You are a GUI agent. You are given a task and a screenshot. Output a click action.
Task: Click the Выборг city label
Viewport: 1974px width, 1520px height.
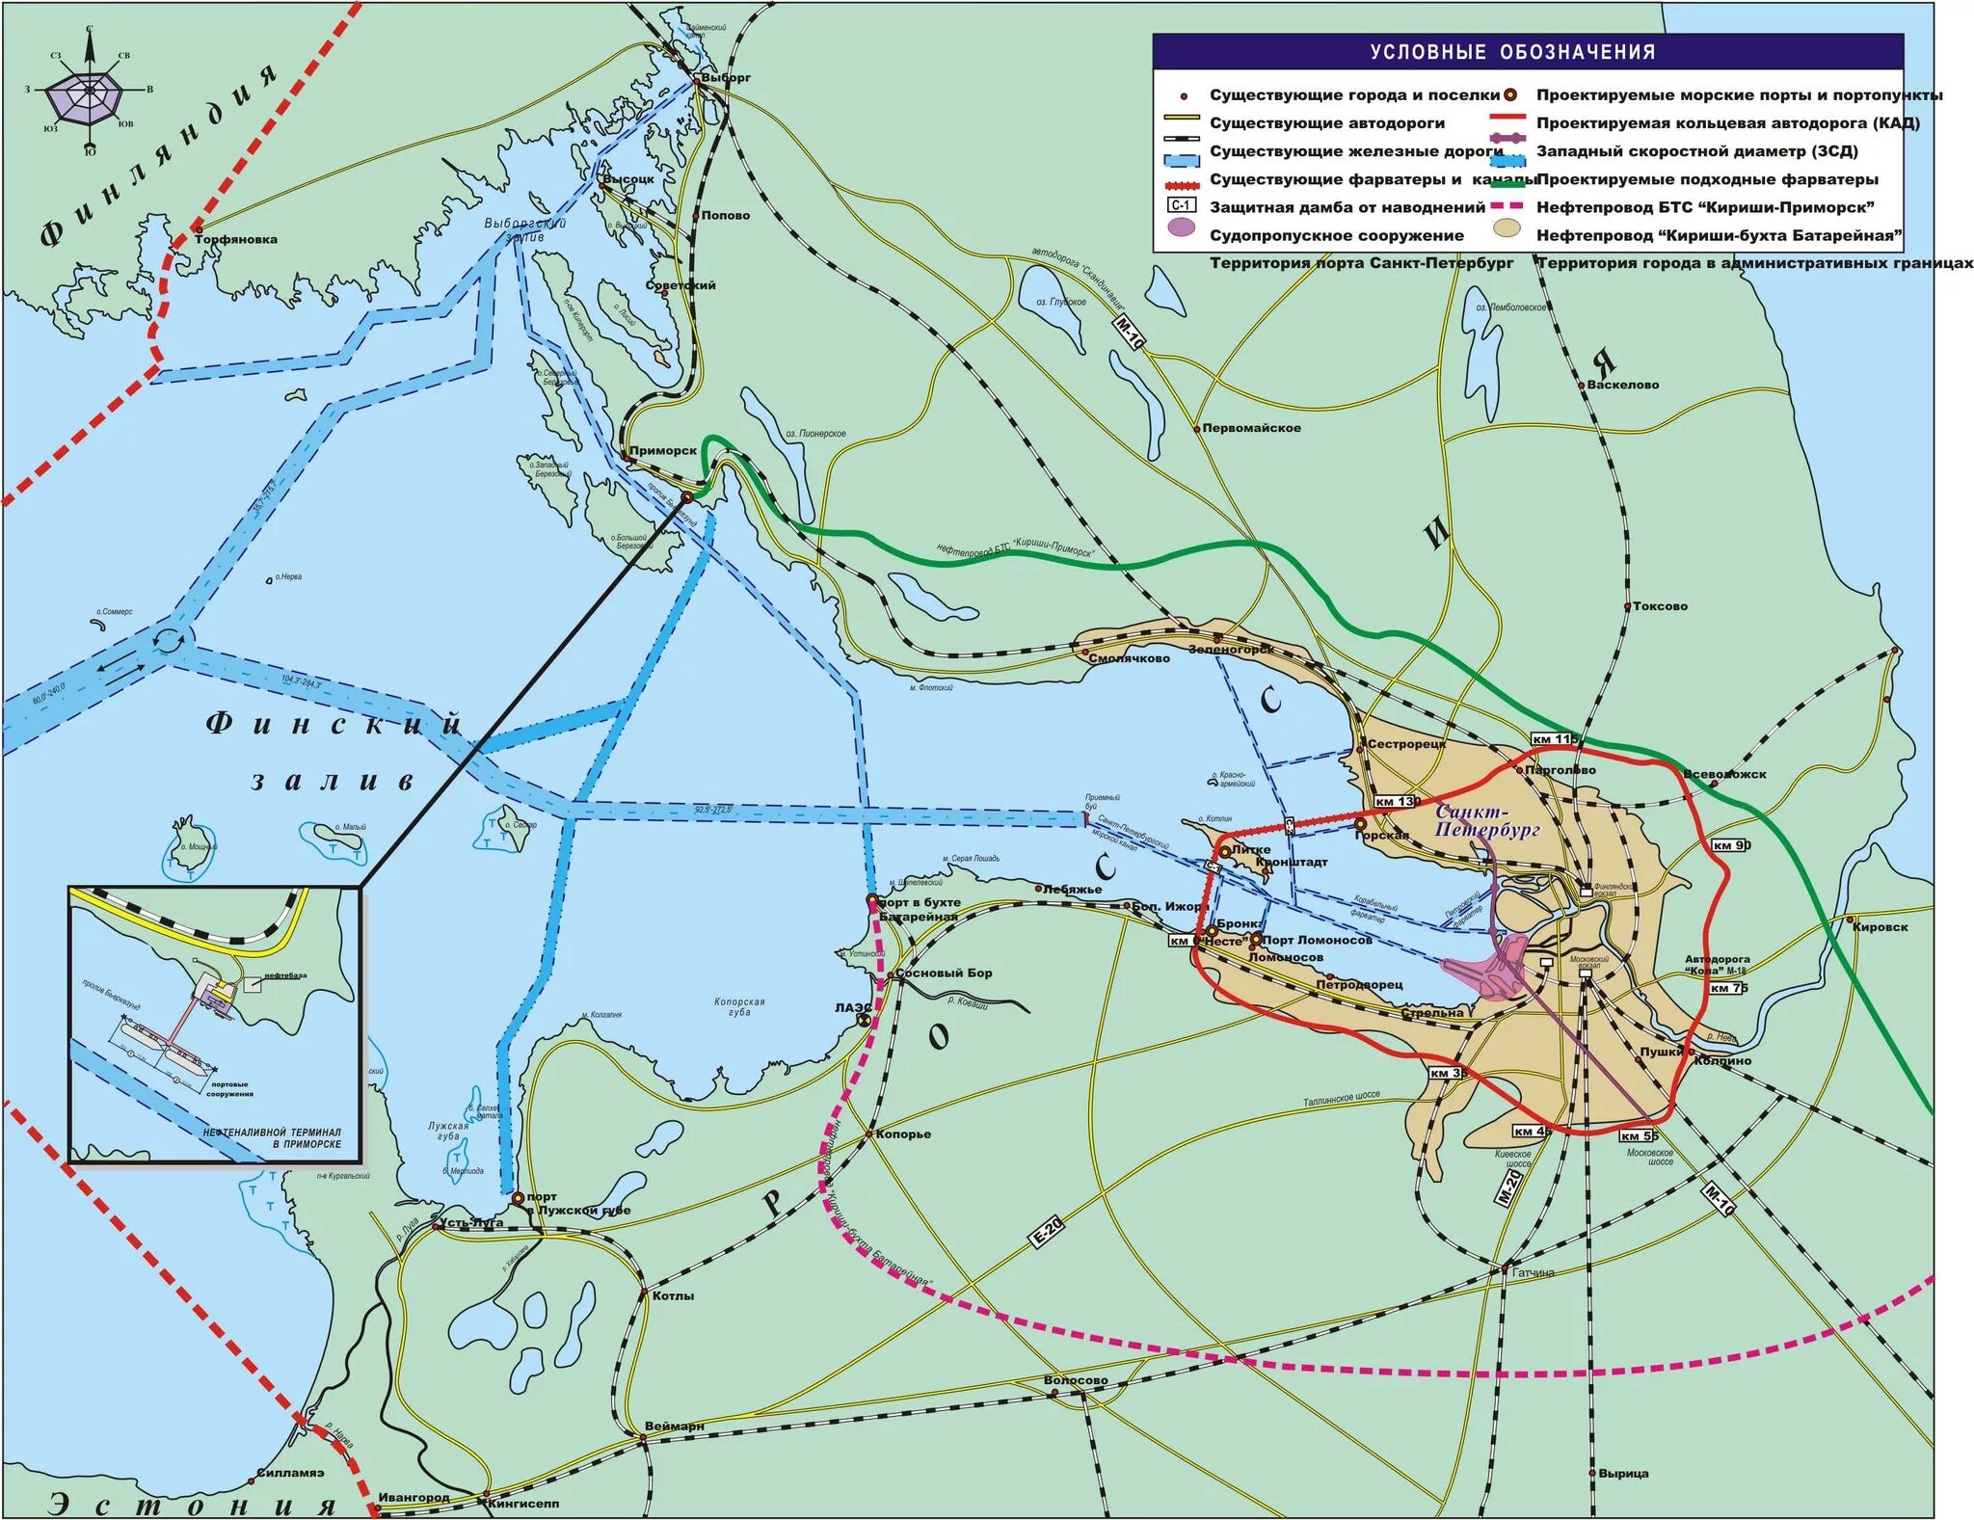tap(725, 77)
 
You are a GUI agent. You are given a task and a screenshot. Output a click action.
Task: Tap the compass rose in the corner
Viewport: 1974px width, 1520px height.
tap(90, 92)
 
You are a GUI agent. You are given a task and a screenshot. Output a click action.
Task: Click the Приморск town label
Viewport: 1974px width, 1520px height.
tap(663, 450)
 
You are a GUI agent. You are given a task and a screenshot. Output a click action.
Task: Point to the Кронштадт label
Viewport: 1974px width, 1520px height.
tap(1292, 862)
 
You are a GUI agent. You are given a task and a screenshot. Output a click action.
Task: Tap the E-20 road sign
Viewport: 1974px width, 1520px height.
tap(1047, 1232)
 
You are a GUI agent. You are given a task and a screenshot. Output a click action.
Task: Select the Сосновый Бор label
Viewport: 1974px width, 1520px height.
tap(944, 973)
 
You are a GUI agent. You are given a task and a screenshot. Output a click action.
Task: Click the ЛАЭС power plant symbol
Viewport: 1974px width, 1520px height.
tap(865, 1013)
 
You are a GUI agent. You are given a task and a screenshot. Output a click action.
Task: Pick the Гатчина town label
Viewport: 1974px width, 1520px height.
tap(1533, 1272)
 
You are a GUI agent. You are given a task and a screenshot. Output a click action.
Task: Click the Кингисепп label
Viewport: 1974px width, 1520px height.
tap(523, 1503)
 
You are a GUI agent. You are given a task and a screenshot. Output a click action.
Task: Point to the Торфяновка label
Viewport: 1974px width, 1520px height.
tap(236, 239)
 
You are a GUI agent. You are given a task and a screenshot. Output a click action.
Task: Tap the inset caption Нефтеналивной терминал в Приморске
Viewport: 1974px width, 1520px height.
tap(272, 1137)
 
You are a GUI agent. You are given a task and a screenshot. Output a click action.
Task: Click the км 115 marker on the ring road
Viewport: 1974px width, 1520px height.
tap(1554, 739)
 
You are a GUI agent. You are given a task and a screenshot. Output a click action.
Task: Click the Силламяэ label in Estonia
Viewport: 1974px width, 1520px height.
tap(290, 1473)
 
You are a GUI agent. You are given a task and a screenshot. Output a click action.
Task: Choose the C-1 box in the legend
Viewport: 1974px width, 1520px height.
tap(1181, 206)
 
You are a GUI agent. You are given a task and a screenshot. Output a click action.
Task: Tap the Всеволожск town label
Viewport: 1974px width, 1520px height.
tap(1724, 774)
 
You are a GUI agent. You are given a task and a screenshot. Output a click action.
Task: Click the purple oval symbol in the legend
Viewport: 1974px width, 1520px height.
tap(1181, 228)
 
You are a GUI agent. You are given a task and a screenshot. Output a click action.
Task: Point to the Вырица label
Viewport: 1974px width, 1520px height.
tap(1623, 1473)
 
